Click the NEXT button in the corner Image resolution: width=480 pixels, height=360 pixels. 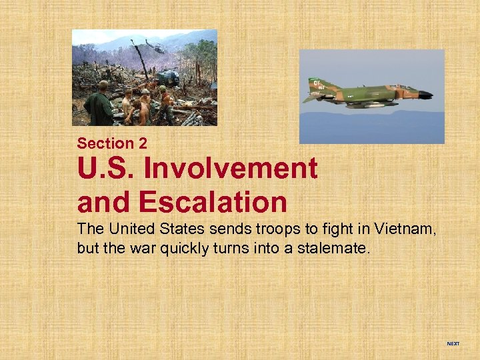pos(453,343)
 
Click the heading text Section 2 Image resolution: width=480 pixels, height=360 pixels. pos(112,143)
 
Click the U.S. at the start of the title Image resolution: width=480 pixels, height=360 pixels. pos(105,169)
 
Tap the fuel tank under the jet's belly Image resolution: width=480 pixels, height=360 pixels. pos(373,104)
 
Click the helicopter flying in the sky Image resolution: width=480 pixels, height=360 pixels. pos(155,49)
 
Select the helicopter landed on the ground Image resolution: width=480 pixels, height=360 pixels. pos(167,78)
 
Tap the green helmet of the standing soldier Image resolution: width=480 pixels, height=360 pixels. pos(103,85)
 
